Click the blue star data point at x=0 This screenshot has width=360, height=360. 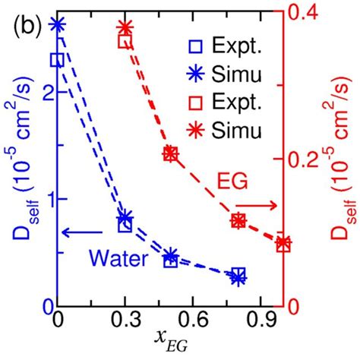coord(58,24)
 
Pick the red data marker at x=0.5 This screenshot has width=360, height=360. coord(170,153)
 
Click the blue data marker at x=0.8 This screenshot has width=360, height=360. coord(238,276)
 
